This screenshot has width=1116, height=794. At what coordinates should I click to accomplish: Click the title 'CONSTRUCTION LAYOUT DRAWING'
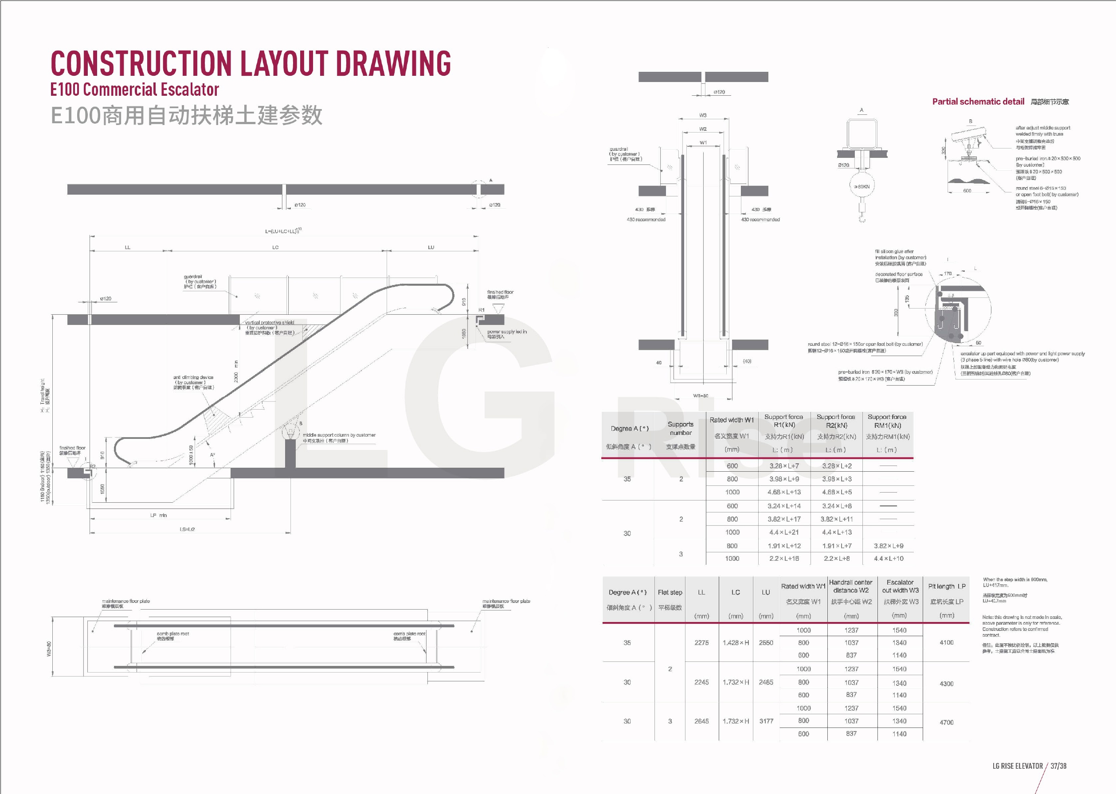[250, 63]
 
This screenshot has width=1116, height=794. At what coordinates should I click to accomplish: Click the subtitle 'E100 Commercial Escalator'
[134, 90]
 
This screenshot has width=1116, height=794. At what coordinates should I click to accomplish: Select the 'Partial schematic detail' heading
[978, 102]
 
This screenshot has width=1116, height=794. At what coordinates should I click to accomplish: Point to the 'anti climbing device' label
[193, 377]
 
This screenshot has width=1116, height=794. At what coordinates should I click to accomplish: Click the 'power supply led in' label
[506, 332]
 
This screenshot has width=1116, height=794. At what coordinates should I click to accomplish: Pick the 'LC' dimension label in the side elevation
[275, 247]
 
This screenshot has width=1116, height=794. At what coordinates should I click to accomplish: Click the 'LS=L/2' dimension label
[187, 529]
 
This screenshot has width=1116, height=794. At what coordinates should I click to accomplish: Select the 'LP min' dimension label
[158, 515]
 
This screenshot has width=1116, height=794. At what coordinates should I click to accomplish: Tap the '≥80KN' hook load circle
[861, 186]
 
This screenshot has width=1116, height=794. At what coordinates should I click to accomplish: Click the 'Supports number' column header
[681, 428]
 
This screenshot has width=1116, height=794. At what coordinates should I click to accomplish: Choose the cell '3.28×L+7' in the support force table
[784, 466]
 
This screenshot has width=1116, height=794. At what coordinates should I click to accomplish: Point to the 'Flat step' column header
[670, 592]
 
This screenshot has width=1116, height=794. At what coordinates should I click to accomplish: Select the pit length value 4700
[946, 722]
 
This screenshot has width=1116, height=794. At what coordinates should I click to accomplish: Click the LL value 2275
[701, 642]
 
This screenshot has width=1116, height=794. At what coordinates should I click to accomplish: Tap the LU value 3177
[766, 721]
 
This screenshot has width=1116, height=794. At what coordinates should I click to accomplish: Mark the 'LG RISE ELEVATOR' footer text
[1017, 766]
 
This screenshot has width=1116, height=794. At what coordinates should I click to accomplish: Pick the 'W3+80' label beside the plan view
[49, 649]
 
